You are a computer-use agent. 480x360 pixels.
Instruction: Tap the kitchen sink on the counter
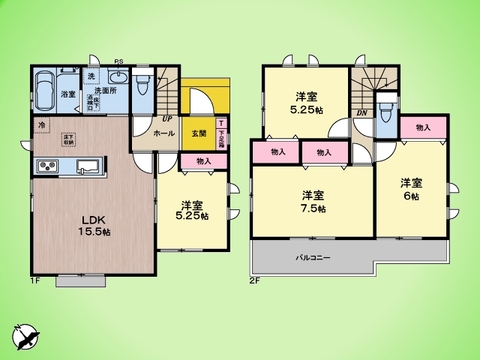tap(84, 166)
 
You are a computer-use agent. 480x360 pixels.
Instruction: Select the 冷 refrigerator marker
tap(41, 125)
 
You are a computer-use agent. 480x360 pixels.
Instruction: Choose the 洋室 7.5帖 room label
tap(312, 201)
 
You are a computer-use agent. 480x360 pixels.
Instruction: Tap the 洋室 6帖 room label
tap(410, 189)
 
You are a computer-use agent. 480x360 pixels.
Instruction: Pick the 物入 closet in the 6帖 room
tap(423, 127)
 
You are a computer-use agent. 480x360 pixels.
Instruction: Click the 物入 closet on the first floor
tap(204, 160)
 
